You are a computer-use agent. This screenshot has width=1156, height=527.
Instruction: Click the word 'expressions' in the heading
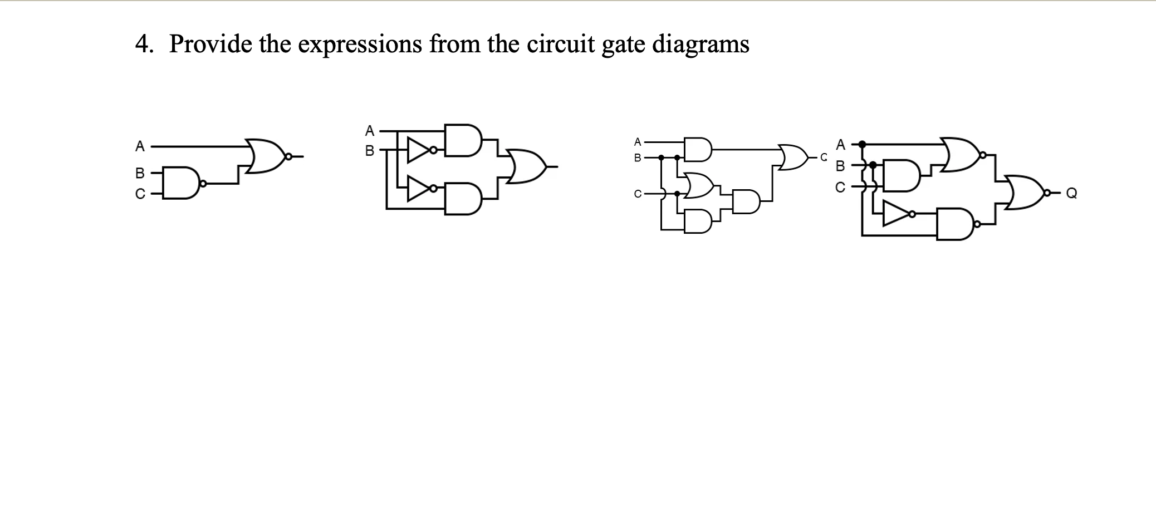pyautogui.click(x=359, y=44)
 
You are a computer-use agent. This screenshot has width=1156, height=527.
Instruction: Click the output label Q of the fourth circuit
pyautogui.click(x=1071, y=193)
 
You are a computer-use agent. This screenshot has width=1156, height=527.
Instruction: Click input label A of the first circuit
pyautogui.click(x=140, y=146)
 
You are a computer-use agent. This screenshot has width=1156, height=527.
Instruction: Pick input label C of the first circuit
pyautogui.click(x=140, y=194)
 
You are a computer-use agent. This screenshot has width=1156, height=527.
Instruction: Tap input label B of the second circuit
pyautogui.click(x=369, y=150)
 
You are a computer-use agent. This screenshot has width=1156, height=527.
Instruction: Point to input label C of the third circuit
pyautogui.click(x=637, y=194)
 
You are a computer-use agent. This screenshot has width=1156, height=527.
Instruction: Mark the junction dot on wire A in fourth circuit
pyautogui.click(x=862, y=144)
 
